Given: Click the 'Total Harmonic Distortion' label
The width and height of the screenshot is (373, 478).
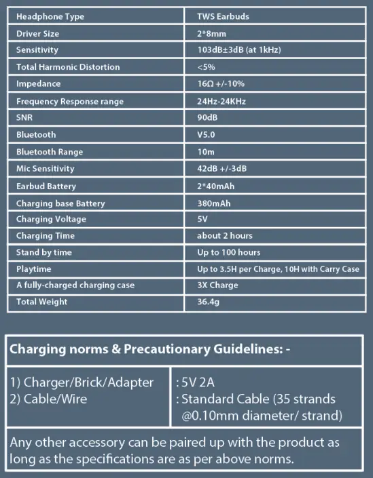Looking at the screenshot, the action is click(x=67, y=67).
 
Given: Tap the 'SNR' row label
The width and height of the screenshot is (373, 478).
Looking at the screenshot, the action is click(x=26, y=118).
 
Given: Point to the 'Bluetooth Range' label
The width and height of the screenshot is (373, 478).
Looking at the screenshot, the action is click(x=49, y=152).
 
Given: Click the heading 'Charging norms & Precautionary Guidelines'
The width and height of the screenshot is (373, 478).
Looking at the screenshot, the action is click(x=145, y=351).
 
